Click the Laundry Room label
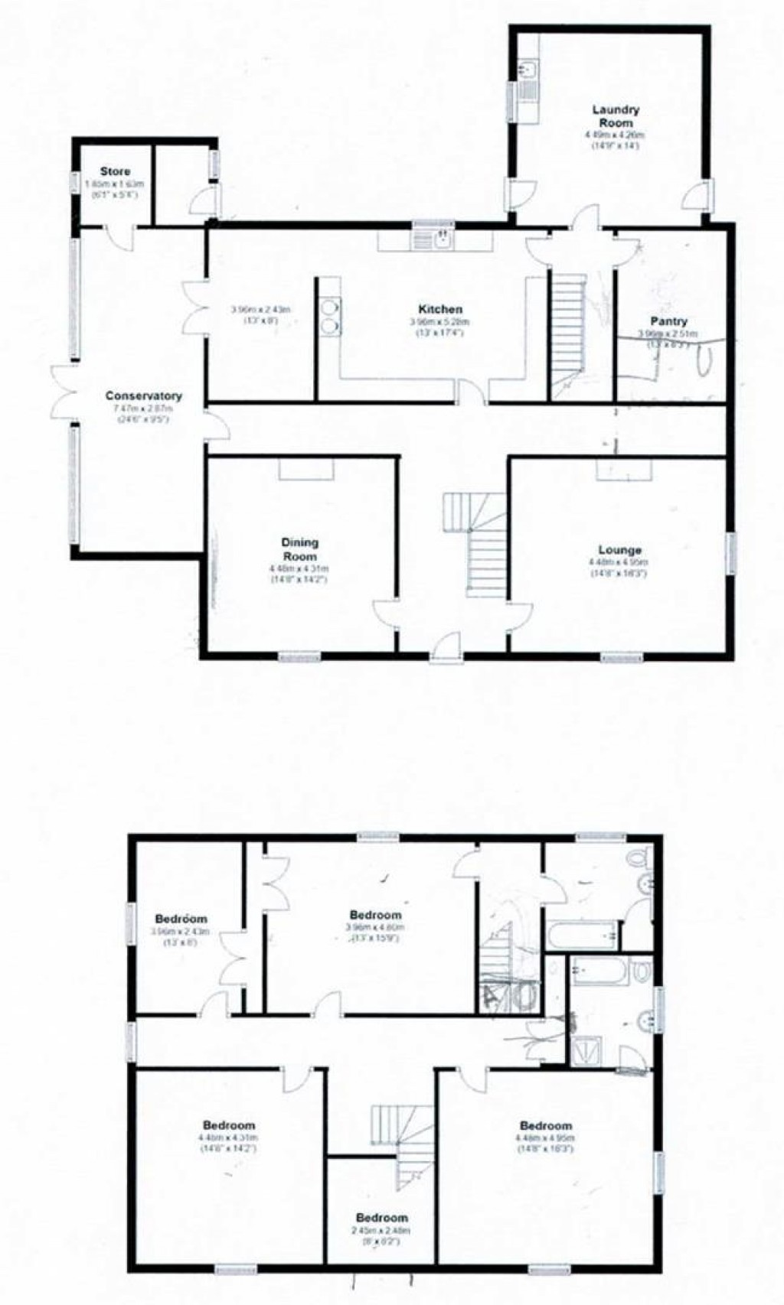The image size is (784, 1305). (616, 116)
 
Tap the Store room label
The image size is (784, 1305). (115, 171)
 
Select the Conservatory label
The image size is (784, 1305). (143, 395)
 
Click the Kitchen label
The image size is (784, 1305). (440, 309)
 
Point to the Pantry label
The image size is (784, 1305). (668, 321)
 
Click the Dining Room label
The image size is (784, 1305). (299, 549)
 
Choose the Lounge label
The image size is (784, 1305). (619, 550)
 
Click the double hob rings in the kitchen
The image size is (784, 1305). (331, 316)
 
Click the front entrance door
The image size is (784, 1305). (445, 646)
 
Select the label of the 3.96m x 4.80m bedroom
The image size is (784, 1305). (375, 915)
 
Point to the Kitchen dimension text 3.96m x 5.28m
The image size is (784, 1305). (439, 322)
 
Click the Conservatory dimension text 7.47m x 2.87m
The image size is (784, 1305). (142, 408)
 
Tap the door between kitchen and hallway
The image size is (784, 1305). (472, 392)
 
